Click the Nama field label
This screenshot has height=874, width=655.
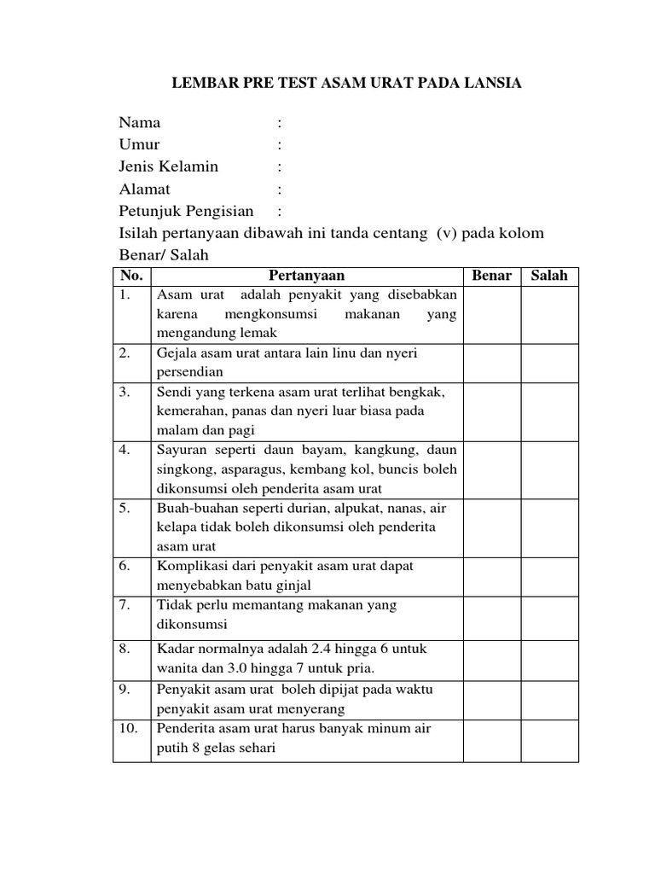[x=140, y=123]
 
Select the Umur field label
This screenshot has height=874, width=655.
[x=139, y=144]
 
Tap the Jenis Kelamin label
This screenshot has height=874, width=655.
[x=169, y=166]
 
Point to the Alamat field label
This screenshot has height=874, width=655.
[x=144, y=189]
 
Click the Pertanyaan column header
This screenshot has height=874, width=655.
[x=307, y=276]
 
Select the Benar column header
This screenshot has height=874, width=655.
[x=492, y=276]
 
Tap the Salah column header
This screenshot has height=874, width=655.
[x=549, y=276]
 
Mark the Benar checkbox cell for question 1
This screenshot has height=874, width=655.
[x=492, y=314]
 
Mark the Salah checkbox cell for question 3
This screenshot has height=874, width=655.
[x=550, y=411]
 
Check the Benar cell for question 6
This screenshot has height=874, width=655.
[x=492, y=575]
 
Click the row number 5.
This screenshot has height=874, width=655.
[x=125, y=508]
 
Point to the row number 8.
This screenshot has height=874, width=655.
[x=125, y=649]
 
